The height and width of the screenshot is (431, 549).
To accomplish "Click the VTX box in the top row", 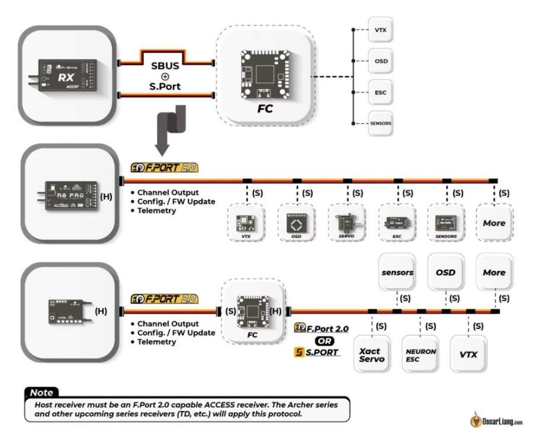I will [379, 29].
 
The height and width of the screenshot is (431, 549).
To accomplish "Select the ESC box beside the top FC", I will [379, 92].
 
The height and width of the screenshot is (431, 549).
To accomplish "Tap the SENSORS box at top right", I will [379, 123].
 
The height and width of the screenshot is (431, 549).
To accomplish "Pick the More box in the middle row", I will [494, 223].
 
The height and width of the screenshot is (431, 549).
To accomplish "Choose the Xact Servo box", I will [372, 355].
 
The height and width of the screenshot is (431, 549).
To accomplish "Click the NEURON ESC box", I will [420, 355].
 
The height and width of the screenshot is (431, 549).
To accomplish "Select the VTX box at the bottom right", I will [468, 355].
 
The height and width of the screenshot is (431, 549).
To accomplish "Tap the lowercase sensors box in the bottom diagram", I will [397, 272].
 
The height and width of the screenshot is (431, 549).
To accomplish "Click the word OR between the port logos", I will [324, 340].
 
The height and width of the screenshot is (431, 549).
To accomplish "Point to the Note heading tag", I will [42, 392].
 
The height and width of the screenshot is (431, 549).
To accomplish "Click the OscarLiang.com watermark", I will [496, 421].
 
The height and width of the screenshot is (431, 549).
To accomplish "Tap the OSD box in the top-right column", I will [379, 61].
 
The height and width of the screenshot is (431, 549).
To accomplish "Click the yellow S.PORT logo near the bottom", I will [317, 352].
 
